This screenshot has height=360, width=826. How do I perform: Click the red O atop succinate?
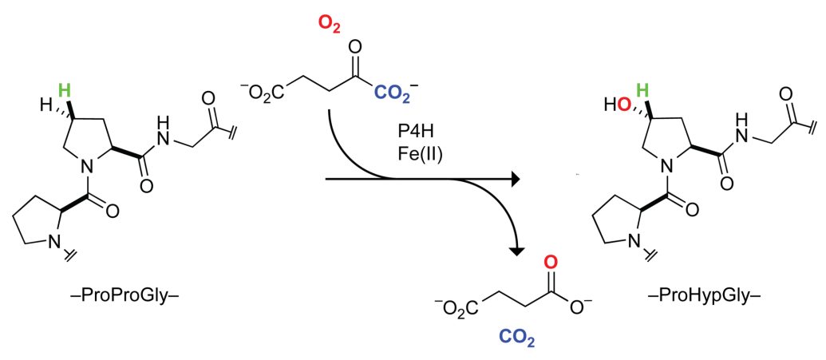pos(550,261)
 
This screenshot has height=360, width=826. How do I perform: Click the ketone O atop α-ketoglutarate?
pos(357,44)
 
